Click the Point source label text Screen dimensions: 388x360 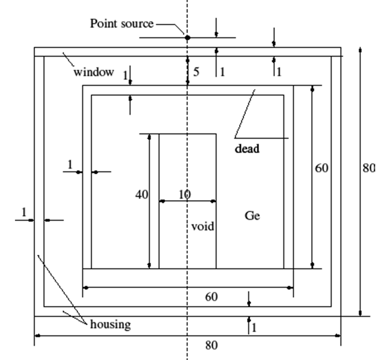pos(122,24)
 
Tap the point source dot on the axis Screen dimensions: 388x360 pos(188,38)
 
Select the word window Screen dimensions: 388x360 pos(94,72)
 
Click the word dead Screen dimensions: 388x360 pos(247,148)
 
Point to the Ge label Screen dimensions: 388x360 pos(252,216)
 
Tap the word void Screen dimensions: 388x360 pos(202,227)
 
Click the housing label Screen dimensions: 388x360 pos(110,324)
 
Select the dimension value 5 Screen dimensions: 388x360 pos(196,72)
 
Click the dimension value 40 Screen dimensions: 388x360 pos(142,195)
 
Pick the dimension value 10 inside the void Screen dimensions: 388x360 pos(185,195)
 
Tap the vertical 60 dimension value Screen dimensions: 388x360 pos(322,168)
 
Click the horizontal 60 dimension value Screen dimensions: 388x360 pos(211,297)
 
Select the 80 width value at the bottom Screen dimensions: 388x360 pos(211,345)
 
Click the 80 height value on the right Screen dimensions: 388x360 pos(369,168)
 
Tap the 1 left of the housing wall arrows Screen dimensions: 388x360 pos(24,212)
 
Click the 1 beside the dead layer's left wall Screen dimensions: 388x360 pos(70,165)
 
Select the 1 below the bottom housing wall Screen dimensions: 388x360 pos(254,328)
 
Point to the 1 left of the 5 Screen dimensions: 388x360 pos(126,75)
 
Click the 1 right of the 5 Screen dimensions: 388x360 pos(222,72)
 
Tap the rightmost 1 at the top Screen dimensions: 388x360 pos(279,72)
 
